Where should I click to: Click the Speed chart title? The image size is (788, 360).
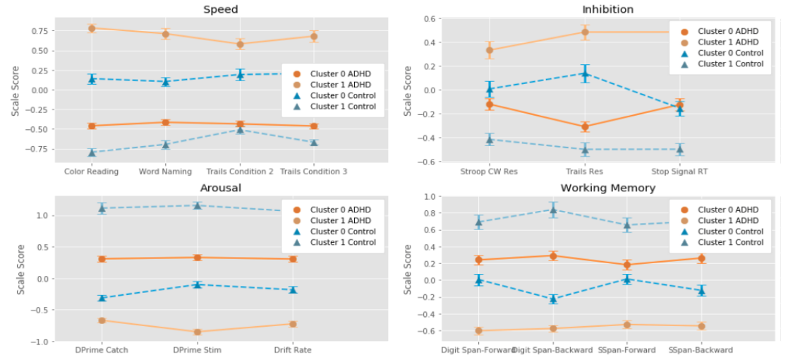220,9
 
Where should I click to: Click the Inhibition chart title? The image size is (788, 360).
607,9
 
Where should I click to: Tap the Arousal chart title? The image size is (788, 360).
220,188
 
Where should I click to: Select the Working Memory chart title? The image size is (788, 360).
607,188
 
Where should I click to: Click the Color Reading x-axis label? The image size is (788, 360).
91,172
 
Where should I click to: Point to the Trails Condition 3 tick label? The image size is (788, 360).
313,172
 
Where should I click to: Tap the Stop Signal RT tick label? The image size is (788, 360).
679,172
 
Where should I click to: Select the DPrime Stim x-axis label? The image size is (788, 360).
198,350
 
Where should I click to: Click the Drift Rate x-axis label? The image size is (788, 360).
293,350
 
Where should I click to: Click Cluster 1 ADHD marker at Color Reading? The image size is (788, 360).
92,28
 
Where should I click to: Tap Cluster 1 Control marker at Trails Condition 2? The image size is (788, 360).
240,130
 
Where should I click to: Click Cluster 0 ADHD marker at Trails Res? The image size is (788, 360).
585,127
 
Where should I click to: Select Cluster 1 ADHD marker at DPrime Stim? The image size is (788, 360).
198,332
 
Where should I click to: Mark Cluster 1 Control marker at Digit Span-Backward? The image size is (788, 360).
553,210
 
